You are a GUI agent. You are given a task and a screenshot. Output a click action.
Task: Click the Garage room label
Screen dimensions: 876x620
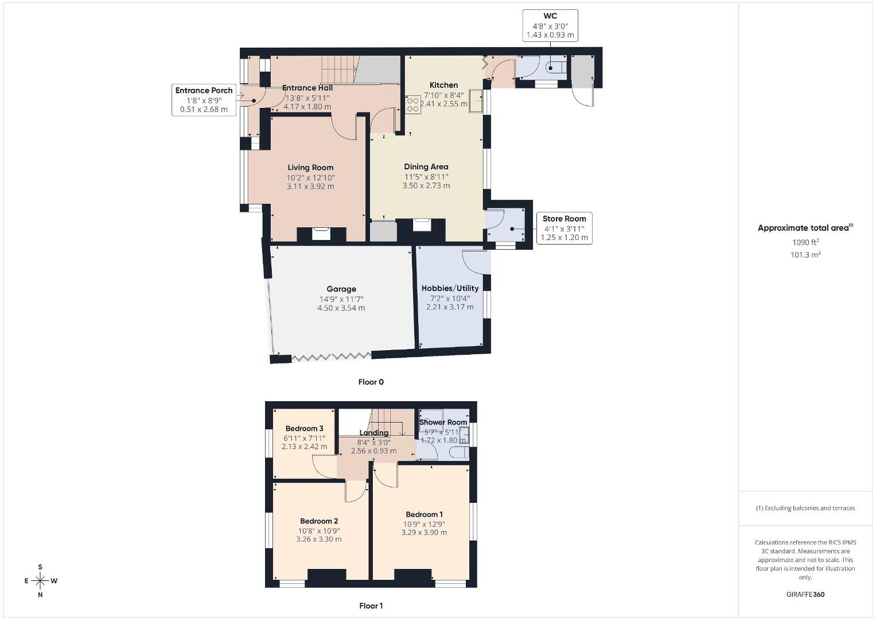pos(341,289)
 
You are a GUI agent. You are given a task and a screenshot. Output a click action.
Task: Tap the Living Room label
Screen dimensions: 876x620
pos(310,168)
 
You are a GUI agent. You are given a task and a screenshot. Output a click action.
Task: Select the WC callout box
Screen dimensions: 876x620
pos(550,25)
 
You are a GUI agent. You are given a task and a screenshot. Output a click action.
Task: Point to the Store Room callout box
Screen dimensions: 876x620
pos(564,228)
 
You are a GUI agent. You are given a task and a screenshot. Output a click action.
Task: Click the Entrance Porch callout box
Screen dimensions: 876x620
pos(204,100)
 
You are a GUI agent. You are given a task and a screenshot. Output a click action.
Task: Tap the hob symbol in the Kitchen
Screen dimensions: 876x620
pos(412,104)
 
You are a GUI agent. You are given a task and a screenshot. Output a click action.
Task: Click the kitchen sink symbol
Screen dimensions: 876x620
pos(476,101)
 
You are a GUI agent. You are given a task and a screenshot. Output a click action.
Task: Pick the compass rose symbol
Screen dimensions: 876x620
pos(40,581)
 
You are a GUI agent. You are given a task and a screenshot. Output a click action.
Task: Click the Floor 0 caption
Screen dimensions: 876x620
pos(371,382)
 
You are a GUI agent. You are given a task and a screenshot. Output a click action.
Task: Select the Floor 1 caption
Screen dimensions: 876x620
pos(371,606)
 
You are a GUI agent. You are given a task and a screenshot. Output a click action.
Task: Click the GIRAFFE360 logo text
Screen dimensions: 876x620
pos(805,595)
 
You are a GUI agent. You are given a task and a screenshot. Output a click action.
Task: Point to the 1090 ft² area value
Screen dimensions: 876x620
pos(805,242)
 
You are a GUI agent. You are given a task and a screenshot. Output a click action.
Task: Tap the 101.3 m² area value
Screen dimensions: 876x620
pos(805,254)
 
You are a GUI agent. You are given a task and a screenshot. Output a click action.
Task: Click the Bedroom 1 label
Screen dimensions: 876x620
pos(425,514)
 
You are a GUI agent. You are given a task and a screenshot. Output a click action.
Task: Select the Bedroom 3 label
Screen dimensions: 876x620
pos(304,429)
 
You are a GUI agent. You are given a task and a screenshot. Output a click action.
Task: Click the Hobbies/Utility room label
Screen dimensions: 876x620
pos(450,288)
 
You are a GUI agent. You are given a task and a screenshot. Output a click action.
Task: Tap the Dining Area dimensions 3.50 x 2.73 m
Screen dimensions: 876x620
pos(426,185)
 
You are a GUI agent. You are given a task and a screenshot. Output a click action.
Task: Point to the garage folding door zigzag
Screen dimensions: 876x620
pos(332,356)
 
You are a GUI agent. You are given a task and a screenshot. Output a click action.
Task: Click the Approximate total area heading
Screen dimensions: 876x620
pos(805,228)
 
